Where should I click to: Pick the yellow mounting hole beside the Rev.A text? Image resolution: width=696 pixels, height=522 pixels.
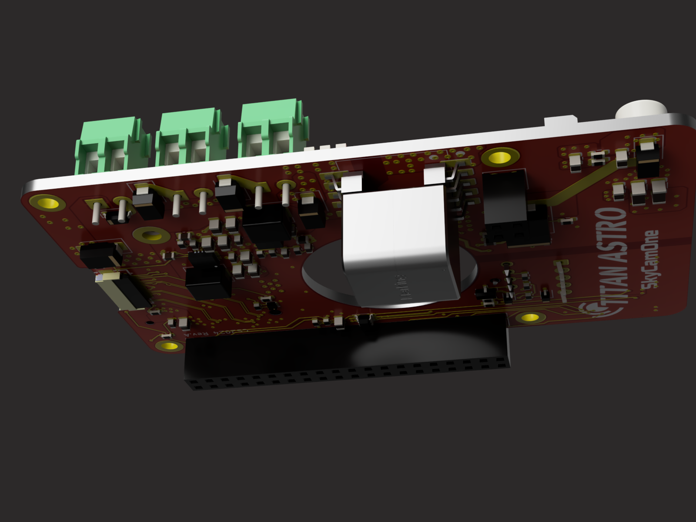[169, 346]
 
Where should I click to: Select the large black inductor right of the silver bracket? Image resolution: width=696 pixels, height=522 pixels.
[505, 196]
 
